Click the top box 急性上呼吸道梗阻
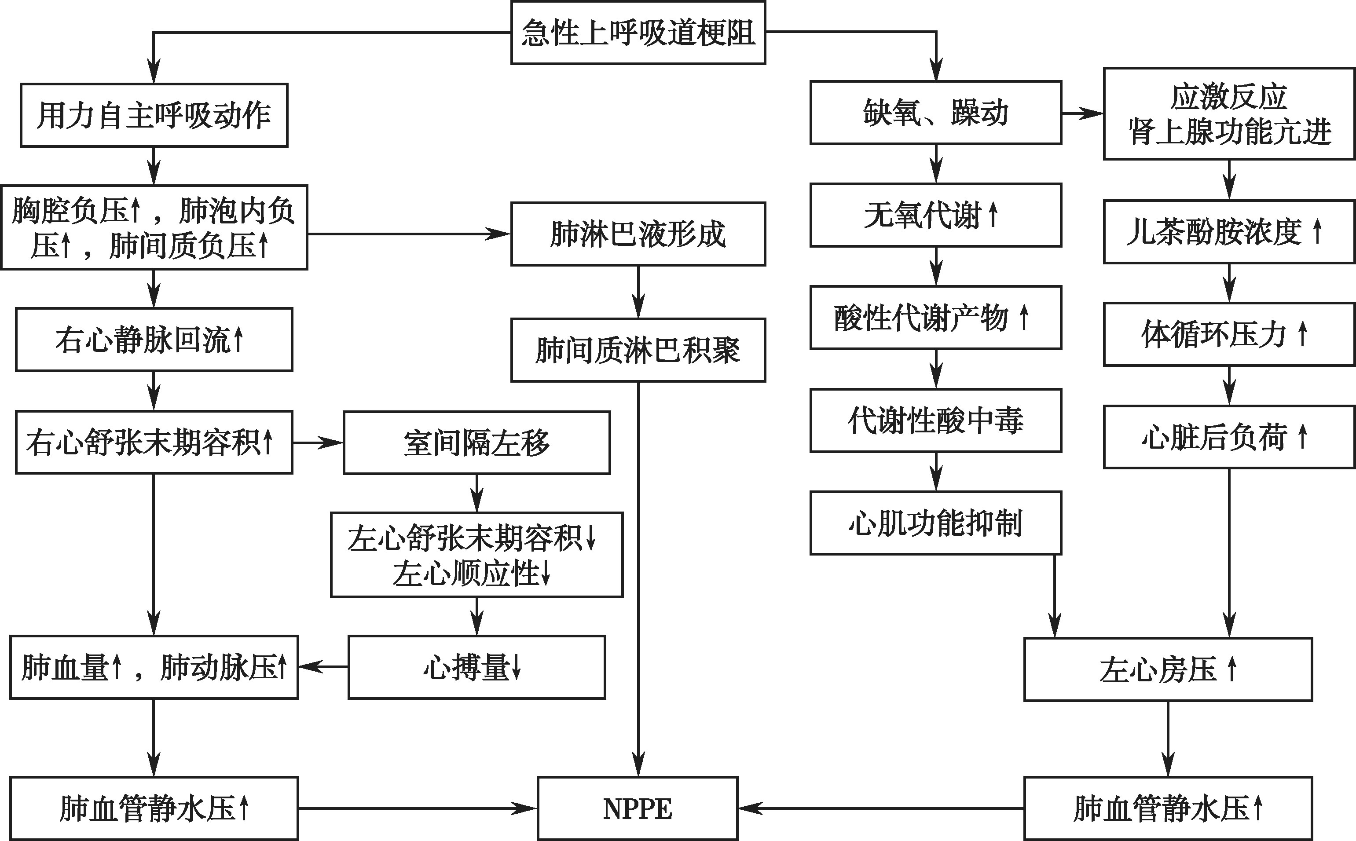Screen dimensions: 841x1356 click(638, 32)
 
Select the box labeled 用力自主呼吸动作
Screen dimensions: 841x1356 click(154, 115)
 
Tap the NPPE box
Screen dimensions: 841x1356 click(638, 808)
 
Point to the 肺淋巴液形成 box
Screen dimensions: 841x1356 click(638, 234)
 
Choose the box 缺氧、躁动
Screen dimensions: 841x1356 click(935, 112)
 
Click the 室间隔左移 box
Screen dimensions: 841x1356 click(476, 443)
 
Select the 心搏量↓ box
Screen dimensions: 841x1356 click(476, 667)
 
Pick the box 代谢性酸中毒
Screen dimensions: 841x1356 click(935, 420)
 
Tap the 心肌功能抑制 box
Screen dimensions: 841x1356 click(935, 523)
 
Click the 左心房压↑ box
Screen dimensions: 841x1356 click(1168, 669)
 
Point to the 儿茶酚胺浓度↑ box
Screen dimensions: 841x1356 click(1229, 231)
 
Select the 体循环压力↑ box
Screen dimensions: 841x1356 click(1229, 334)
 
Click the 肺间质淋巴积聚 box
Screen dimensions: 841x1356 click(638, 350)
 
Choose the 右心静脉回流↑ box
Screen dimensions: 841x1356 click(154, 339)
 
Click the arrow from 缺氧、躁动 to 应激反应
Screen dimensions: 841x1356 click(1082, 113)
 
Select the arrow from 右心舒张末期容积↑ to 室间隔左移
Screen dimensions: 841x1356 click(318, 443)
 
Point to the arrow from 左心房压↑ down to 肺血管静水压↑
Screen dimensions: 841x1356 click(1168, 738)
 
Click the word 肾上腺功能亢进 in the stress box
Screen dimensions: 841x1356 click(1229, 132)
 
